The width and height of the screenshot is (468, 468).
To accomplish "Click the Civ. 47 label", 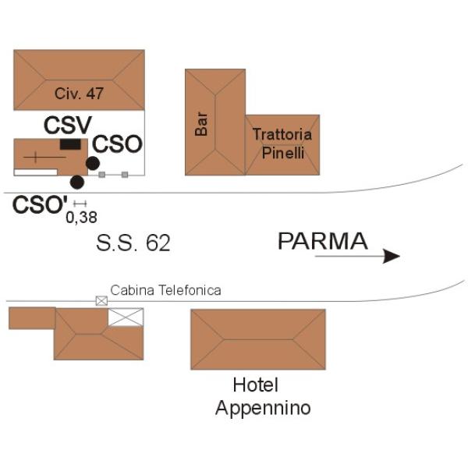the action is coord(79,94).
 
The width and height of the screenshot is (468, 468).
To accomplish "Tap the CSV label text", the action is coord(68,126).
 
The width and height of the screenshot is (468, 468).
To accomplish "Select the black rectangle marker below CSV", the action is coord(70,144).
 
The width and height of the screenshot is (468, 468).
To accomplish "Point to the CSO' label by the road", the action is coord(40,204).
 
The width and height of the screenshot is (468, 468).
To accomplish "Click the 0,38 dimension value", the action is coord(81,218).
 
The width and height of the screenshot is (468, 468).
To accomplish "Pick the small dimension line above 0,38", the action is coord(80,204).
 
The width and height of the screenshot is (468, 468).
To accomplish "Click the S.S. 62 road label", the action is coord(133,243).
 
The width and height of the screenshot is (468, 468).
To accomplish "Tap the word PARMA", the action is coord(323,241).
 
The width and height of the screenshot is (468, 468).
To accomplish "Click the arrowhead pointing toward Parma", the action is coord(392,256).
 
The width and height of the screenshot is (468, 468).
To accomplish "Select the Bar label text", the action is coord(201,124).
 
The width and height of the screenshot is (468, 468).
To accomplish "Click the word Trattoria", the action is coord(282,134).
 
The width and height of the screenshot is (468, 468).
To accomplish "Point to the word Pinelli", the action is coord(283,153).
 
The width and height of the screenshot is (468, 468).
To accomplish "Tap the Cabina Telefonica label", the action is coord(165,290).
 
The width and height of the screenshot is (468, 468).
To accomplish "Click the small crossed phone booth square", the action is coord(101,301).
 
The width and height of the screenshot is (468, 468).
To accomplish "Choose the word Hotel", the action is coord(256,385).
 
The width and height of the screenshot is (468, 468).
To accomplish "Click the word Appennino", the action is coord(263,408).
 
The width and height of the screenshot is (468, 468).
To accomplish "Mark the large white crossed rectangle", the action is coord(126,317).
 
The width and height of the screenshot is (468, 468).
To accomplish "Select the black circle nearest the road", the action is coord(77,182).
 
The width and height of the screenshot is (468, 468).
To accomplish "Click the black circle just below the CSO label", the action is coord(93,163).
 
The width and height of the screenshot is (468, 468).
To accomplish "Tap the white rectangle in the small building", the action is coord(36,172).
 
